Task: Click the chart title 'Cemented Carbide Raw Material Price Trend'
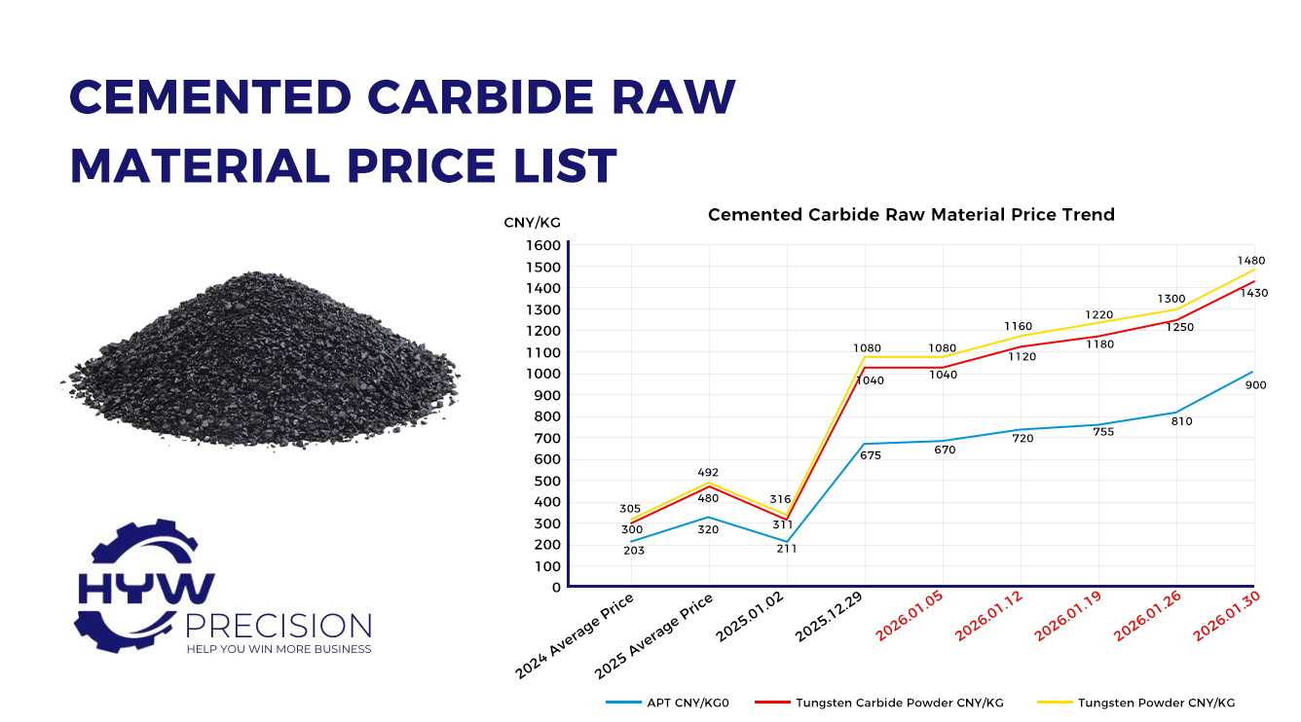(911, 214)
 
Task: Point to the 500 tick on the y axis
(546, 481)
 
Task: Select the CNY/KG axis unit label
(532, 223)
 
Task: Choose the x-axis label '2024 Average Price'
(576, 635)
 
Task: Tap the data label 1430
(1254, 293)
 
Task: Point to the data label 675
(871, 454)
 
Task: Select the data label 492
(708, 473)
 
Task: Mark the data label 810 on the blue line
(1181, 421)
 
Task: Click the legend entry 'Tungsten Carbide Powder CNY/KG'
(899, 702)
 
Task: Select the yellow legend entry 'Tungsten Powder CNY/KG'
(1156, 702)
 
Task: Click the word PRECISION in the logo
(279, 626)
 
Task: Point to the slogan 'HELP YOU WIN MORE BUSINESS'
(279, 649)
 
